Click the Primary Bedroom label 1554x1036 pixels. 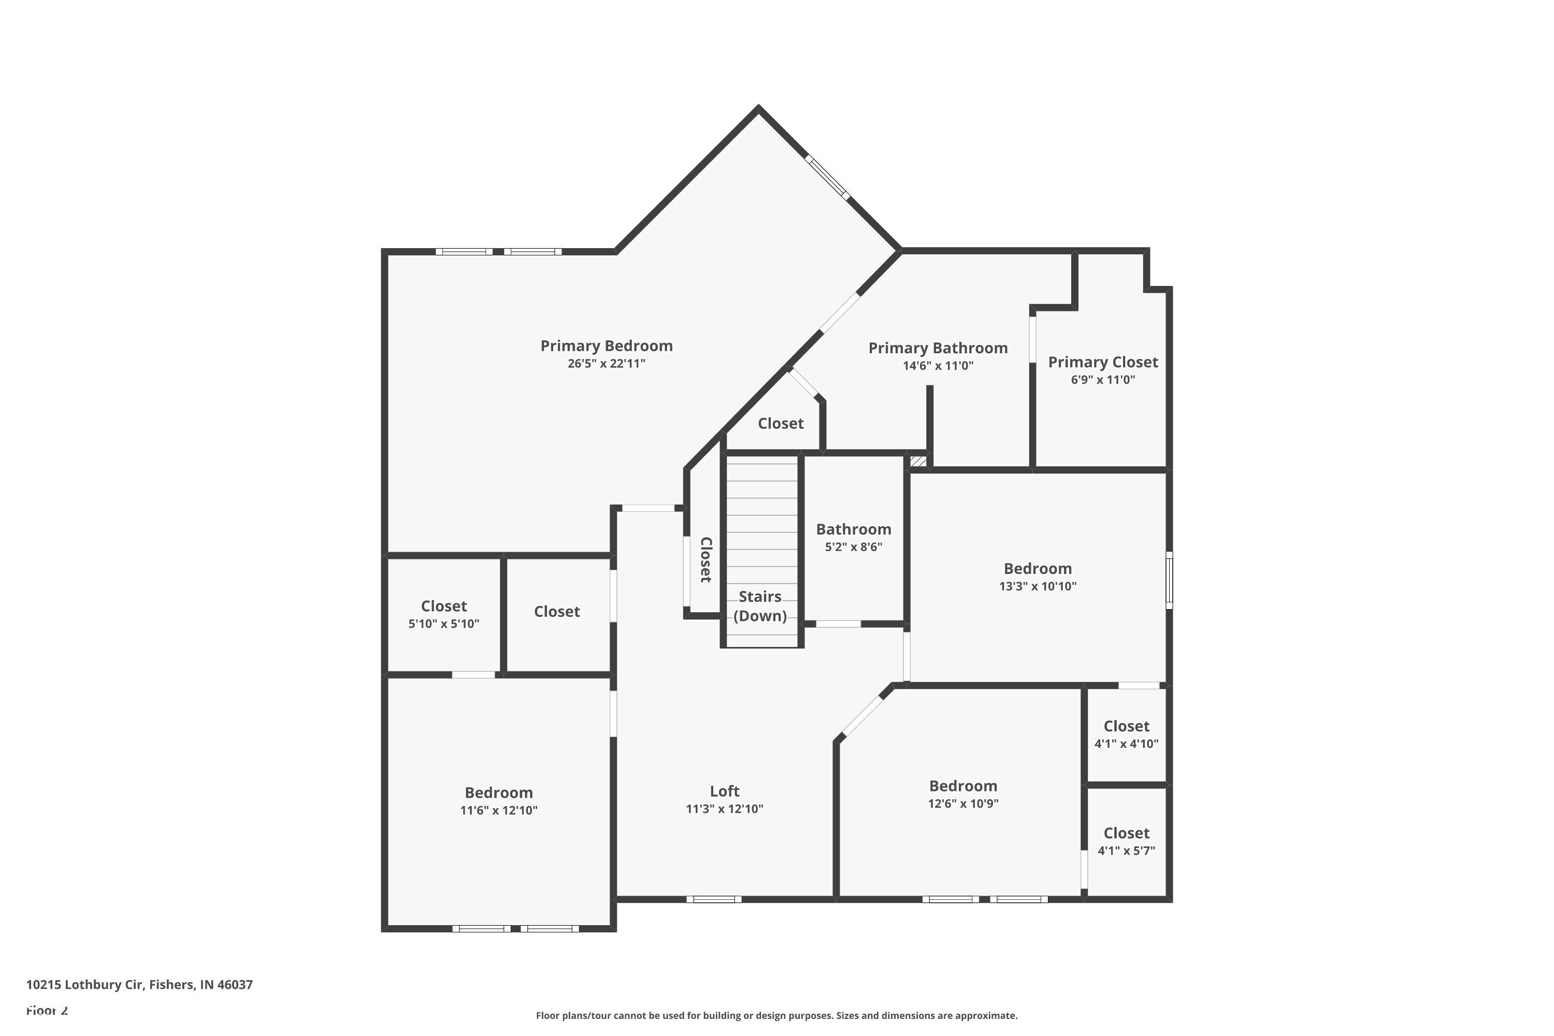coord(607,346)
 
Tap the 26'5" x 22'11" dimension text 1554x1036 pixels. coord(607,364)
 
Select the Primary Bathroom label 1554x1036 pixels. coord(938,348)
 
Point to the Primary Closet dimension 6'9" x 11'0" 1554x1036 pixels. coord(1103,380)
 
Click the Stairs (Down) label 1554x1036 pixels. coord(760,606)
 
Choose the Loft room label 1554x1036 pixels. coord(724,791)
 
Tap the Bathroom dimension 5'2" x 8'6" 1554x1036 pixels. coord(853,547)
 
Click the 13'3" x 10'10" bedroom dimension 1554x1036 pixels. coord(1038,586)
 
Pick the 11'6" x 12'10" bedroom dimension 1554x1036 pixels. coord(499,810)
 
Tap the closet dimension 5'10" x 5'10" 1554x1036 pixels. coord(443,624)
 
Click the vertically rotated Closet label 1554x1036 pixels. coord(706,559)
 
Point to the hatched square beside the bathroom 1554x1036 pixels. coord(918,461)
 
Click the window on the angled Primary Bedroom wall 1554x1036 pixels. coord(827,177)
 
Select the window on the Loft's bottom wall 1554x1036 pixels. coord(714,899)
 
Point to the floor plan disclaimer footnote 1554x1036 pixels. coord(776,1015)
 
